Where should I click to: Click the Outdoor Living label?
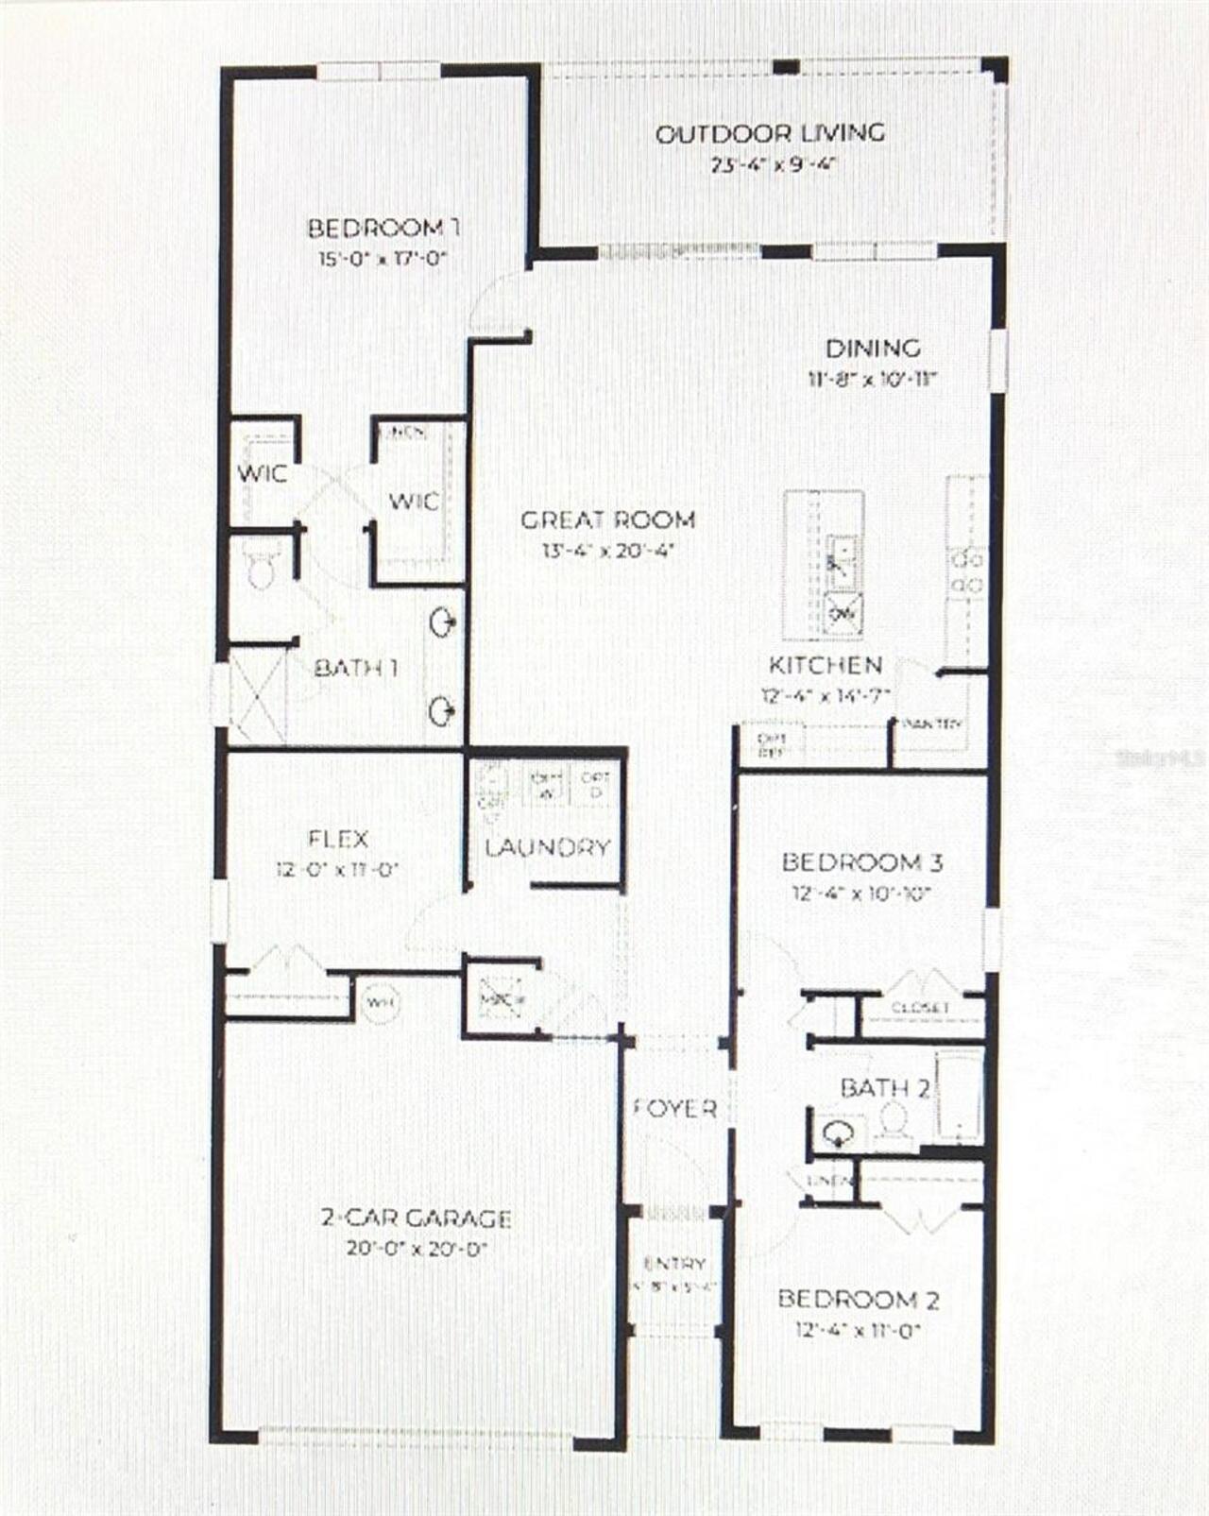[x=770, y=134]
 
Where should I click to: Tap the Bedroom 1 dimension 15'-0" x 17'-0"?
[x=382, y=259]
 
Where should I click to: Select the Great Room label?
[x=608, y=520]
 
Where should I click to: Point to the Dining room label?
[x=873, y=349]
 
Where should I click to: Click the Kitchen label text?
[x=826, y=665]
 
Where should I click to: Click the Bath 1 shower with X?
[x=258, y=696]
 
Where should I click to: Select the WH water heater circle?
[x=381, y=1001]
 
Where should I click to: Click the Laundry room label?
[x=548, y=847]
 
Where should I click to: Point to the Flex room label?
[x=338, y=839]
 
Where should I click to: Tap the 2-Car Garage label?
[x=417, y=1218]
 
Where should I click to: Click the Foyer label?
[x=674, y=1108]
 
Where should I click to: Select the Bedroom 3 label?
[x=862, y=862]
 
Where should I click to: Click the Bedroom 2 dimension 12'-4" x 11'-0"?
[x=858, y=1331]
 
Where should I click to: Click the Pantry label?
[x=933, y=724]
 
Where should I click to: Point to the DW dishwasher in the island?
[x=843, y=614]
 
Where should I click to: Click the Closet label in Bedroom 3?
[x=920, y=1008]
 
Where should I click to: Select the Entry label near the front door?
[x=674, y=1263]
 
